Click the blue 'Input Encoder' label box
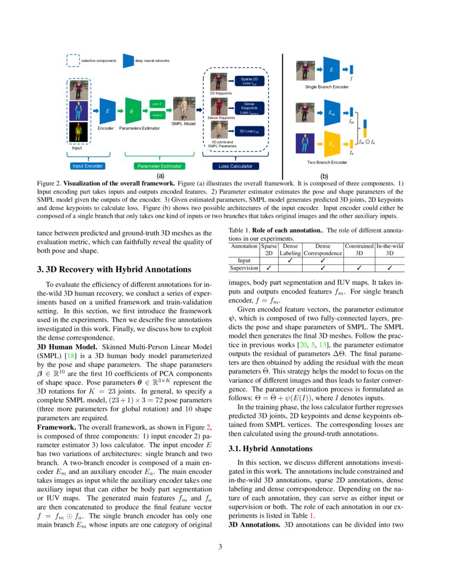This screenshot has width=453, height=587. tap(87, 166)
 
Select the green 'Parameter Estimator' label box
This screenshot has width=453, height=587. tap(159, 166)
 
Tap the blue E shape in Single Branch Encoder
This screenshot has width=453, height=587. tap(331, 69)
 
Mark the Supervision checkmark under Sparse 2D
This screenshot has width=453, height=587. tap(269, 268)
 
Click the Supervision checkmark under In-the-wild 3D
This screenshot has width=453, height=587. tap(390, 268)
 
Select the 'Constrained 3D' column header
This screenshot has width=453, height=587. tap(359, 250)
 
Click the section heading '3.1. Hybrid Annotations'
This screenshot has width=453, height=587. tap(270, 449)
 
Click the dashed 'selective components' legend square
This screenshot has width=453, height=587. tap(73, 61)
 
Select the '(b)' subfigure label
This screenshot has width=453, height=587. tap(323, 176)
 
